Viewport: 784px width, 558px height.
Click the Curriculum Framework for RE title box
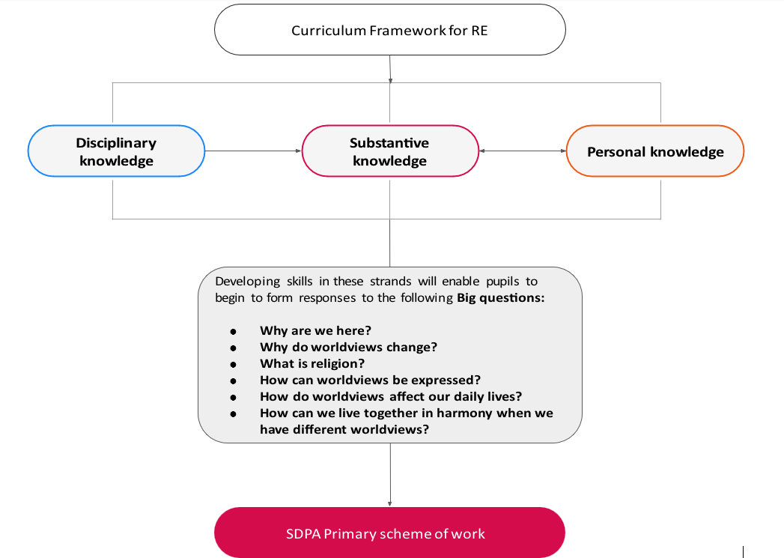(390, 29)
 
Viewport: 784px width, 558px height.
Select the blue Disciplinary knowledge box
(117, 151)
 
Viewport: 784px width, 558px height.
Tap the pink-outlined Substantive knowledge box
(390, 151)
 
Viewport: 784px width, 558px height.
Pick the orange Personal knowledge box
(655, 151)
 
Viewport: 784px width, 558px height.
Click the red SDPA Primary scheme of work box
(389, 533)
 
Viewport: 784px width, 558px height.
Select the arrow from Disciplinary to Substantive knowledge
(254, 151)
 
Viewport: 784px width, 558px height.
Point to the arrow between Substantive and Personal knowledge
(523, 151)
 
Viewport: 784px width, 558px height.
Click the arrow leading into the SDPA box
(390, 475)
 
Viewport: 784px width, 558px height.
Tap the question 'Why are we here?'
(315, 330)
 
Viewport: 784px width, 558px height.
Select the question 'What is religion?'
(312, 363)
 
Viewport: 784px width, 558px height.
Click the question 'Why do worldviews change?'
(348, 347)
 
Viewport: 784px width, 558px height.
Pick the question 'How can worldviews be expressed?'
(370, 380)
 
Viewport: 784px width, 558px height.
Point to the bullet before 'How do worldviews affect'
(233, 398)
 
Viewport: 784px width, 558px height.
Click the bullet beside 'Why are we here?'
(233, 332)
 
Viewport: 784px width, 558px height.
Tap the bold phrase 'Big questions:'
(500, 298)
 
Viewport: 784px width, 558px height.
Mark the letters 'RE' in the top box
(479, 31)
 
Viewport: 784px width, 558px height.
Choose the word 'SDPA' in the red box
(303, 533)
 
